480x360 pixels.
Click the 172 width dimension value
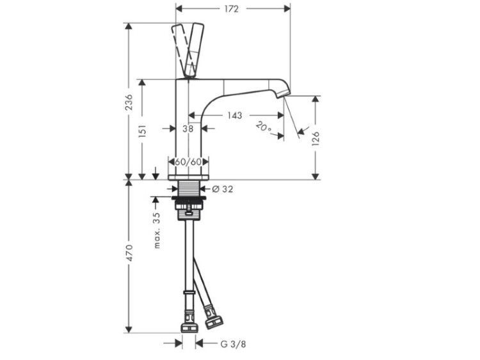pyautogui.click(x=231, y=9)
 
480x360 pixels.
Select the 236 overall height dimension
pyautogui.click(x=129, y=102)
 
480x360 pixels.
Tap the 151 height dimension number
pyautogui.click(x=143, y=131)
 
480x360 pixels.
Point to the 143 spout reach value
pyautogui.click(x=234, y=115)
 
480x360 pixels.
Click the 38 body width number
pyautogui.click(x=188, y=129)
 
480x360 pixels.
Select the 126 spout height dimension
pyautogui.click(x=316, y=139)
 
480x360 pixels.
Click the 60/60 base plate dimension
pyautogui.click(x=188, y=162)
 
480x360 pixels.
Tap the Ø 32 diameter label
pyautogui.click(x=222, y=189)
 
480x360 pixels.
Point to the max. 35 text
pyautogui.click(x=157, y=230)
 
